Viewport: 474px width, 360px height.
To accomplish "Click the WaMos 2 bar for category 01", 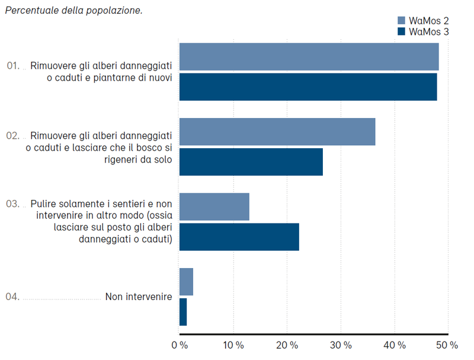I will point(309,57).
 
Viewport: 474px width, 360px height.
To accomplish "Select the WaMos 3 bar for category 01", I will point(308,87).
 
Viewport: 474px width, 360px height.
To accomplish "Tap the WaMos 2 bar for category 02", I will point(277,132).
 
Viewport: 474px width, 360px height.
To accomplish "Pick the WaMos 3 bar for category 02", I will point(251,162).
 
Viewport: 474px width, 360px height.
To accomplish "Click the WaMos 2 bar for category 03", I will point(214,207).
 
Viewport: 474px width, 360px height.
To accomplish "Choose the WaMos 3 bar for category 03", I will point(239,237).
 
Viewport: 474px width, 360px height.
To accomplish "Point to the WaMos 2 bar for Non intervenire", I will point(186,282).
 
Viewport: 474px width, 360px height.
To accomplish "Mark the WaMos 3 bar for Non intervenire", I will point(183,312).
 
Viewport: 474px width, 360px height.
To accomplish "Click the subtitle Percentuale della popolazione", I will point(73,11).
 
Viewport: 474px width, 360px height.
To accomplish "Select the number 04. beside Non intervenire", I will point(12,297).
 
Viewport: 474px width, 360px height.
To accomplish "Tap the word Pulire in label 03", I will point(43,203).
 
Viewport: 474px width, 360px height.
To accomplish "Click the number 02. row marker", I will point(12,135).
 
